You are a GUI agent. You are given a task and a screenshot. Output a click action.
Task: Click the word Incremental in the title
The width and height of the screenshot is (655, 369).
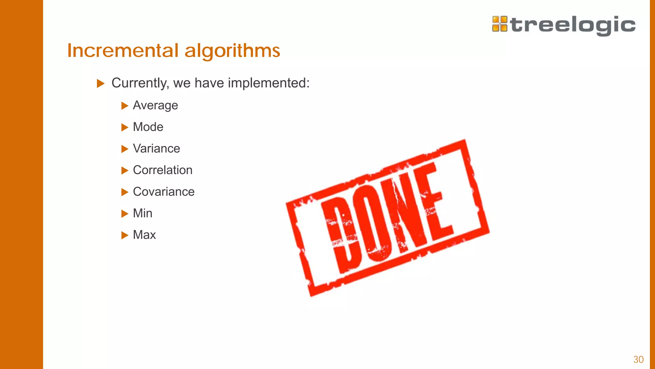(x=123, y=51)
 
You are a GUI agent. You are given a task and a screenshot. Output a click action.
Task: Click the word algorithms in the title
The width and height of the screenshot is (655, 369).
(x=232, y=51)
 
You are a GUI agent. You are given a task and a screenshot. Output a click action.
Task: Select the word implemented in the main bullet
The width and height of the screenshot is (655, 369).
(x=267, y=83)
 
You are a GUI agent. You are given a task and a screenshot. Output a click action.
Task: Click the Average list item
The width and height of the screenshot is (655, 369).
(x=155, y=105)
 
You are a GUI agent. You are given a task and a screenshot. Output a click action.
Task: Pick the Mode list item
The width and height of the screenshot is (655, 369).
(x=148, y=127)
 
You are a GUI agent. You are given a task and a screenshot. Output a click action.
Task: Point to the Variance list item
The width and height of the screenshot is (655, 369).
(x=156, y=149)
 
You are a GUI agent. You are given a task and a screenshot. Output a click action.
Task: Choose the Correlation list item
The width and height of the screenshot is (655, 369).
(x=162, y=170)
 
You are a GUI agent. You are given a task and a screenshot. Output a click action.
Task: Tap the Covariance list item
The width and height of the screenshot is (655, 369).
(x=164, y=192)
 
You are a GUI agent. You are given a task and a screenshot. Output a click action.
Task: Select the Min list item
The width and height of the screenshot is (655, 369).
(x=143, y=213)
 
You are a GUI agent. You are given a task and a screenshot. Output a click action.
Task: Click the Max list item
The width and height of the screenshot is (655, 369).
(x=144, y=235)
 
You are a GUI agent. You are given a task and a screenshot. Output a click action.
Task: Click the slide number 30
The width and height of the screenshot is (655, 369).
(x=638, y=359)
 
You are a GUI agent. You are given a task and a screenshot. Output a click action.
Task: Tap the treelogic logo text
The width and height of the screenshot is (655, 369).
(x=573, y=25)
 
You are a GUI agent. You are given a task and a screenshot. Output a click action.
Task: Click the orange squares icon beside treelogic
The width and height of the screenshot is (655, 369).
(x=500, y=24)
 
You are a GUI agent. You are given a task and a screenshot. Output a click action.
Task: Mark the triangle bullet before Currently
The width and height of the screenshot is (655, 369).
(x=101, y=84)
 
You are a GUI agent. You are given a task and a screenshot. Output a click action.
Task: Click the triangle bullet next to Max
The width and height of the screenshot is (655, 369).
(x=125, y=235)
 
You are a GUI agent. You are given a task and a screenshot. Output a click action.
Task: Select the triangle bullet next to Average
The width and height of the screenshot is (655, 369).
(x=125, y=106)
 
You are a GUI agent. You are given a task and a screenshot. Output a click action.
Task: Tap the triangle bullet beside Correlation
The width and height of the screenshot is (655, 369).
(x=125, y=170)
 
